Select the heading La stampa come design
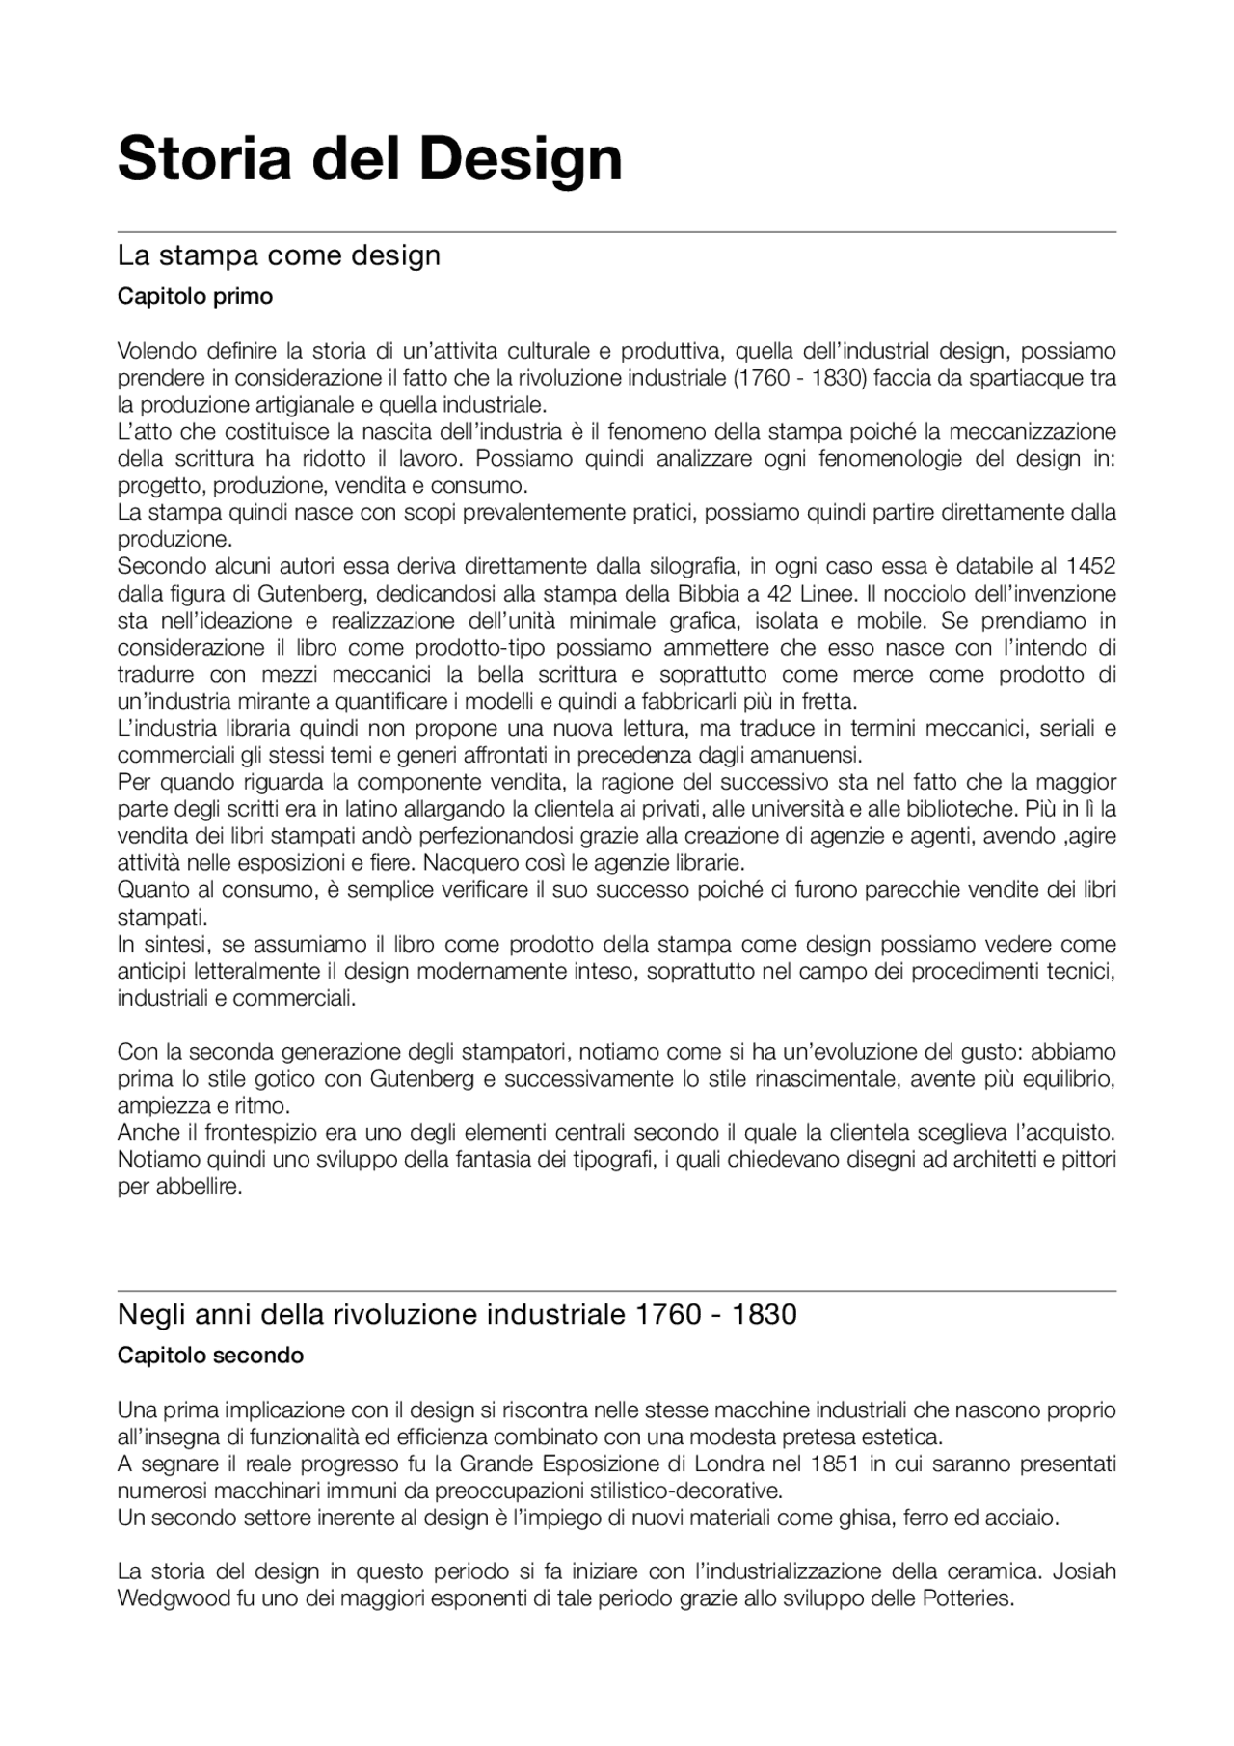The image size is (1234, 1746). (279, 255)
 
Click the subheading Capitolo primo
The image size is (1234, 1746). (195, 297)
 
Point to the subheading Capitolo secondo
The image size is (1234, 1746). (210, 1356)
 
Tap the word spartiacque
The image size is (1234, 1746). (1008, 378)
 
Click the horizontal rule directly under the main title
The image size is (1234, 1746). (617, 232)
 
